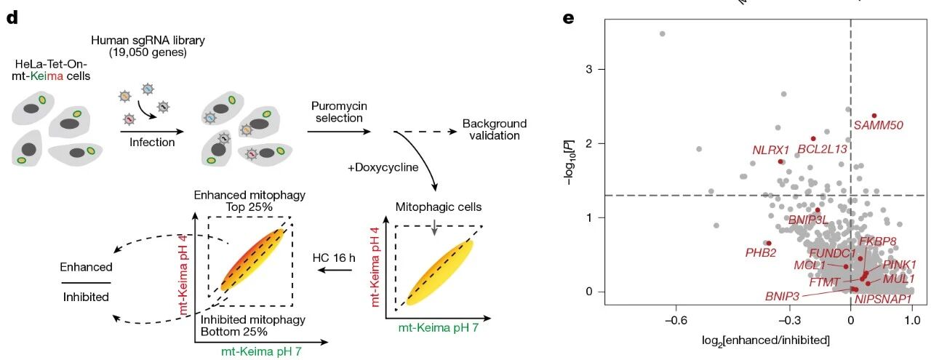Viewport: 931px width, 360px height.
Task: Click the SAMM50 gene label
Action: coord(879,125)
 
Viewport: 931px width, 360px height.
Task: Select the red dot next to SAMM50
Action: coord(874,116)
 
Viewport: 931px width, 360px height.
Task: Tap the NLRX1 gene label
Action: coord(771,150)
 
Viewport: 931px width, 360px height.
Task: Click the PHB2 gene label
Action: coord(761,252)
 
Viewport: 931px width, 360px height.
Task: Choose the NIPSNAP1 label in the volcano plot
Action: coord(883,298)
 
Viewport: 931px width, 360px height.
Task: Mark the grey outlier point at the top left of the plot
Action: coord(662,33)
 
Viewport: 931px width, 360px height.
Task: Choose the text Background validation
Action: coord(494,129)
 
